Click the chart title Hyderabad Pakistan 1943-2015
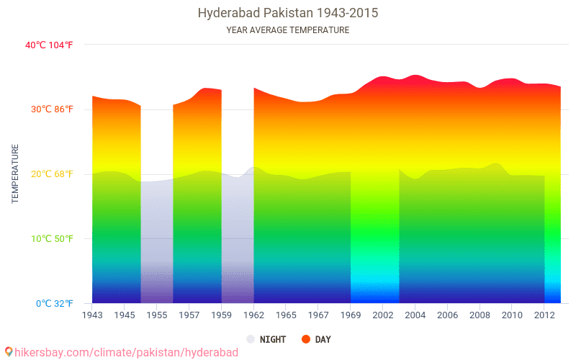point(287,13)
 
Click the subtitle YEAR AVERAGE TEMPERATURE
point(287,30)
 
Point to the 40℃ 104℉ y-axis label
point(49,45)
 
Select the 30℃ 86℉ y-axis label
point(49,109)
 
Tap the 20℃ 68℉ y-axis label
point(49,174)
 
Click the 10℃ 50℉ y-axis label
point(49,239)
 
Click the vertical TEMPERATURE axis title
point(15,174)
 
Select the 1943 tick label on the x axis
point(92,315)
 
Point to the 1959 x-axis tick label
point(221,315)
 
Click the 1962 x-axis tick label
point(253,315)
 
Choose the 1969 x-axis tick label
point(351,315)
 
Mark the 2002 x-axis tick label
point(382,315)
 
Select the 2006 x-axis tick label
point(447,315)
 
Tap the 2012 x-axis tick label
point(544,315)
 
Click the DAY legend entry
point(323,339)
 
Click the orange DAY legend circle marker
point(306,339)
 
